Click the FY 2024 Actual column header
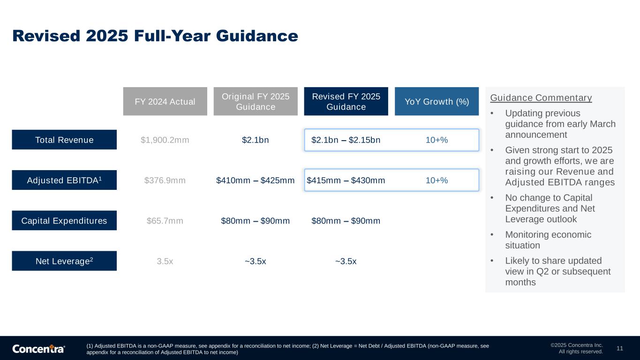(x=165, y=101)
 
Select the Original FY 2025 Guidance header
(x=256, y=101)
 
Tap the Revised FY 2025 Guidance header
(x=346, y=101)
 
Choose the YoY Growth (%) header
(x=437, y=101)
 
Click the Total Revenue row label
(x=64, y=140)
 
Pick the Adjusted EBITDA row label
(x=64, y=180)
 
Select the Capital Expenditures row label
(x=64, y=220)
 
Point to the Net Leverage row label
(x=64, y=261)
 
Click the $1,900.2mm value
(x=165, y=140)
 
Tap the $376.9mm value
(x=165, y=180)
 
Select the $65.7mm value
(x=165, y=221)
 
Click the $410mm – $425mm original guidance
(x=256, y=180)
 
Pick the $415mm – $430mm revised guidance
(x=346, y=180)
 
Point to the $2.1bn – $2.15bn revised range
(x=346, y=140)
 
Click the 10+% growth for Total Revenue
(x=437, y=140)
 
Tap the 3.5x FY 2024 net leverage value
(x=165, y=261)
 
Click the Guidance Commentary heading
(x=541, y=97)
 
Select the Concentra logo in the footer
(x=38, y=349)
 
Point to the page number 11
(x=620, y=348)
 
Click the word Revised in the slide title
(x=46, y=36)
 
